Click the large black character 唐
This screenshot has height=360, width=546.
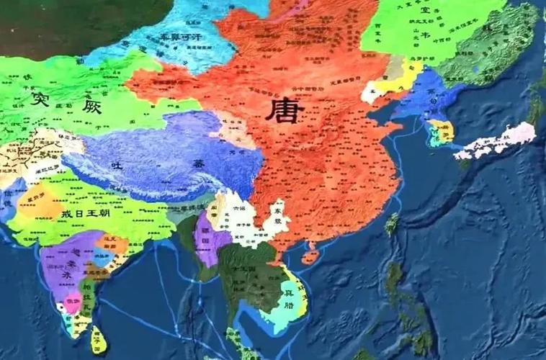coord(285,112)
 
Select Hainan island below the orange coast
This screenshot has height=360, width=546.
coord(310,254)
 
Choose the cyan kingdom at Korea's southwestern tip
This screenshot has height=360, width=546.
coord(434,137)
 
